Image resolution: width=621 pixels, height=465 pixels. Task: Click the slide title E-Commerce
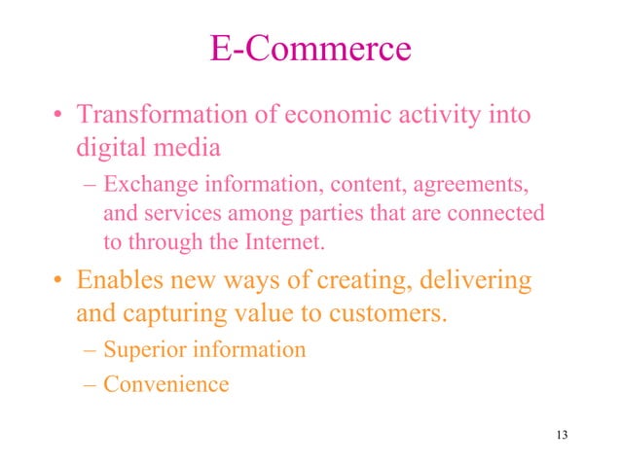310,48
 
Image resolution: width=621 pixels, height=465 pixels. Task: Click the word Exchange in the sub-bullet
144,183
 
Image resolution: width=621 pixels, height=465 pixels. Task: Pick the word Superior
143,348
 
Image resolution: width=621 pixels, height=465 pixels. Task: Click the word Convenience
166,383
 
